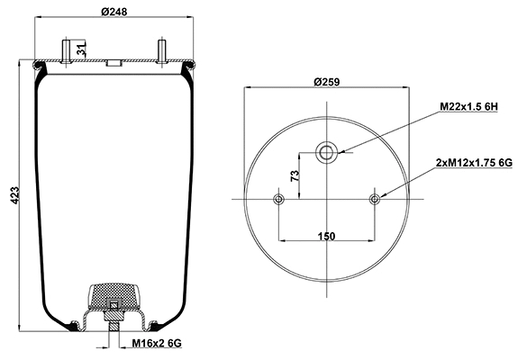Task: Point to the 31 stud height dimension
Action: click(82, 49)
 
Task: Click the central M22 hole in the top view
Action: click(326, 154)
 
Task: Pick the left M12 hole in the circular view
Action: click(278, 198)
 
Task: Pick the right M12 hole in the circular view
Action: click(375, 198)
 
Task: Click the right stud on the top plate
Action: click(160, 49)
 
